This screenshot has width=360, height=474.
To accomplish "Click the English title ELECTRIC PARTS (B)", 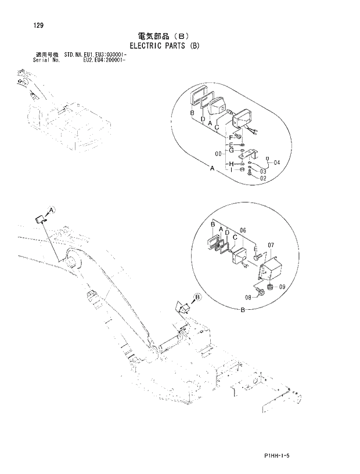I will [x=164, y=45].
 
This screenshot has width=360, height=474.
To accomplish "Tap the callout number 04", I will [x=276, y=163].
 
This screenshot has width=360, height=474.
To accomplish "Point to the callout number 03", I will [x=263, y=172].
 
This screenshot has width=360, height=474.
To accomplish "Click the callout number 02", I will [x=262, y=179].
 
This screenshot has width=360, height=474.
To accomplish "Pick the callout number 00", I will [x=218, y=154].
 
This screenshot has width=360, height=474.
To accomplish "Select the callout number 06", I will [x=243, y=230].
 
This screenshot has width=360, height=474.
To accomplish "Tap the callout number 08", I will [x=248, y=296].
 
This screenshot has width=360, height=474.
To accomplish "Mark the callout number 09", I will [x=282, y=287].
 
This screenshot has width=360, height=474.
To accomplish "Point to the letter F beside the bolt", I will [x=230, y=137].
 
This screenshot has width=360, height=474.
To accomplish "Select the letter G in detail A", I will [x=231, y=151].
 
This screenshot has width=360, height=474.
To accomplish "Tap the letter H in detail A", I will [x=231, y=164].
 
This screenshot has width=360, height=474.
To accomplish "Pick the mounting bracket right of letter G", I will [x=251, y=153].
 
